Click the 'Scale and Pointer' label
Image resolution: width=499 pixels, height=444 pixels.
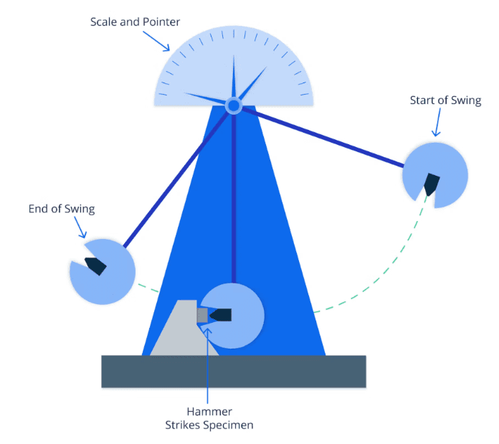click(135, 22)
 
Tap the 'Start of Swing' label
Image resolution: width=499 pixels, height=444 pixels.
click(445, 100)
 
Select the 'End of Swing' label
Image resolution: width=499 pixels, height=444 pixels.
click(62, 209)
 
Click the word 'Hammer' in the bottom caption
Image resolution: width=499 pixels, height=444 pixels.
click(209, 411)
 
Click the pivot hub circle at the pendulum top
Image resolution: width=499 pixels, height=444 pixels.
click(234, 105)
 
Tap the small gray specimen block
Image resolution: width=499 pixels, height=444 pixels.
click(202, 315)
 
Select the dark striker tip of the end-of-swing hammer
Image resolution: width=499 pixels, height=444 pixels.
click(95, 266)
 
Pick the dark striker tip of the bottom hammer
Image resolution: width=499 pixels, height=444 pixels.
click(220, 315)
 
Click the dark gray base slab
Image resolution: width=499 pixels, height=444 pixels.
click(234, 372)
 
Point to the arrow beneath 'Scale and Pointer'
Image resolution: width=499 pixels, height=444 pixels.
click(156, 41)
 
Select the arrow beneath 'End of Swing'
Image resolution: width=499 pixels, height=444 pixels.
click(80, 227)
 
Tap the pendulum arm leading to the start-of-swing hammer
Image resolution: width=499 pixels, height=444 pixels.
click(323, 137)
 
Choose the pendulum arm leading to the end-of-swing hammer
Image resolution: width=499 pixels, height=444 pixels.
click(176, 179)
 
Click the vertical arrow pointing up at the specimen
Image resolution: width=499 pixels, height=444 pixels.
click(207, 366)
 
